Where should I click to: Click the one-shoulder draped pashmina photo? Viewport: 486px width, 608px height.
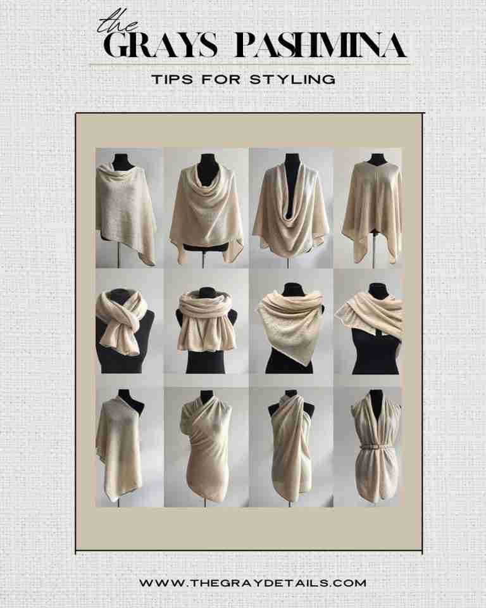tap(120, 446)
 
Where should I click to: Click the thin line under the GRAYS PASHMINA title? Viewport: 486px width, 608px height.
tap(249, 64)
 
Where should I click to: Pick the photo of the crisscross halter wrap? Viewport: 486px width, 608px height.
tap(290, 446)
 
